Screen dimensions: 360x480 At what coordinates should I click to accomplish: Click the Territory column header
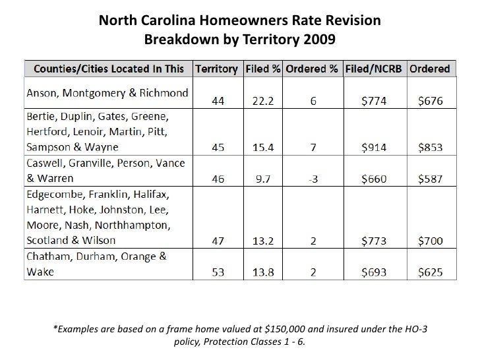click(218, 69)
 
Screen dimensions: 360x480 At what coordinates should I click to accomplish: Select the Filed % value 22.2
click(262, 101)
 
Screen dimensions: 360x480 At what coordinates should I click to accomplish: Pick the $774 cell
click(378, 101)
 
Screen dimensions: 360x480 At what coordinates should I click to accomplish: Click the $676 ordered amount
click(430, 101)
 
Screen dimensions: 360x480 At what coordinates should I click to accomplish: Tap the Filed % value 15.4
click(262, 147)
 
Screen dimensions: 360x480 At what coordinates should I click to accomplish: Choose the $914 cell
click(378, 147)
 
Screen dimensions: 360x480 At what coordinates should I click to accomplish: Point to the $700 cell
click(430, 240)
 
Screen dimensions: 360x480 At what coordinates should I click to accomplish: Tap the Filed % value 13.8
click(262, 272)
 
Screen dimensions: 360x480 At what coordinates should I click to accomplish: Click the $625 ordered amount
click(430, 272)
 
